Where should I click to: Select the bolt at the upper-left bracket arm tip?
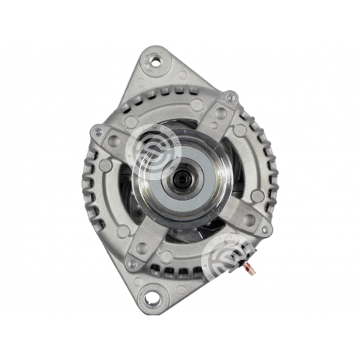98,133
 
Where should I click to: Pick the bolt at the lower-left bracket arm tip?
133,264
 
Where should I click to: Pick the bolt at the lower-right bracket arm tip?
262,227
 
